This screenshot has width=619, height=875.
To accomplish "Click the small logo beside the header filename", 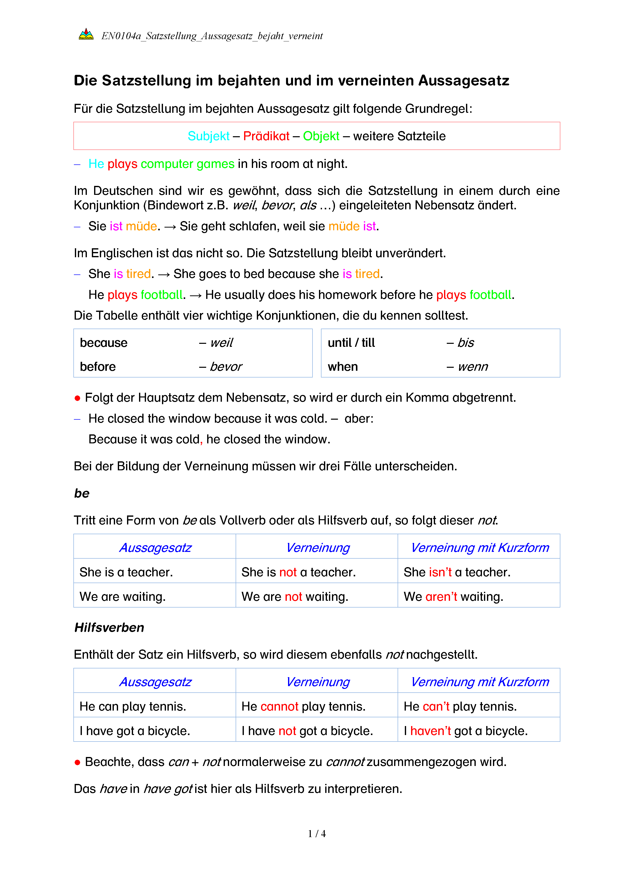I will [86, 34].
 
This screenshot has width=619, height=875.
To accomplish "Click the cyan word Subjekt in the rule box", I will [208, 136].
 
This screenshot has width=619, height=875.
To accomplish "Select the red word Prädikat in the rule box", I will [266, 136].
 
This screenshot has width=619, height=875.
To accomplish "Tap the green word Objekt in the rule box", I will [321, 136].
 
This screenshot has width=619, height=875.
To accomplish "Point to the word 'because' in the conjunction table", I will [104, 343].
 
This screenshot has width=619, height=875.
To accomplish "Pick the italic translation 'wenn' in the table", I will [473, 367].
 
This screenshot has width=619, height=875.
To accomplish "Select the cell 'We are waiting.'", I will [122, 596].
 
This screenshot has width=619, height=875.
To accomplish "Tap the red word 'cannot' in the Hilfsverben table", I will [279, 706].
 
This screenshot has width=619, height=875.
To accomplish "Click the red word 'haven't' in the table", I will [430, 731].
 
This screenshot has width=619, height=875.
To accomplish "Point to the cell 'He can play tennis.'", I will [133, 706].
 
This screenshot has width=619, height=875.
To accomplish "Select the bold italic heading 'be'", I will [82, 493].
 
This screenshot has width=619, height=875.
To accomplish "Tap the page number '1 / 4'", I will [317, 834].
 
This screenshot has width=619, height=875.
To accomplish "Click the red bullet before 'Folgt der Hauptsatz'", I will [77, 398].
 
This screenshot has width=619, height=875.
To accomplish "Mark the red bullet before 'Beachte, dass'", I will [77, 762].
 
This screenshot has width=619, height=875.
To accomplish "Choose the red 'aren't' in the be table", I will [441, 596].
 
